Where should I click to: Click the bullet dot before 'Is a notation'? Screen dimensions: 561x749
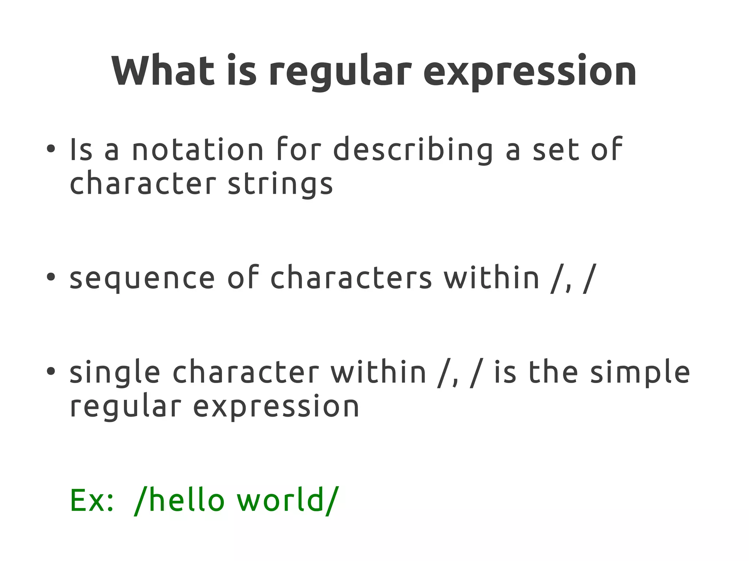tap(51, 149)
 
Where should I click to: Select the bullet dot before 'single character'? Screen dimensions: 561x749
tap(51, 371)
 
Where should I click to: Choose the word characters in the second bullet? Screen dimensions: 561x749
tap(351, 278)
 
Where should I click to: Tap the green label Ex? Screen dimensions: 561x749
tap(91, 500)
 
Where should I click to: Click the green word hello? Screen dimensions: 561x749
tap(187, 500)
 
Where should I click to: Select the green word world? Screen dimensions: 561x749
tap(281, 500)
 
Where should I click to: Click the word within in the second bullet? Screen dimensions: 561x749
tap(491, 278)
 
